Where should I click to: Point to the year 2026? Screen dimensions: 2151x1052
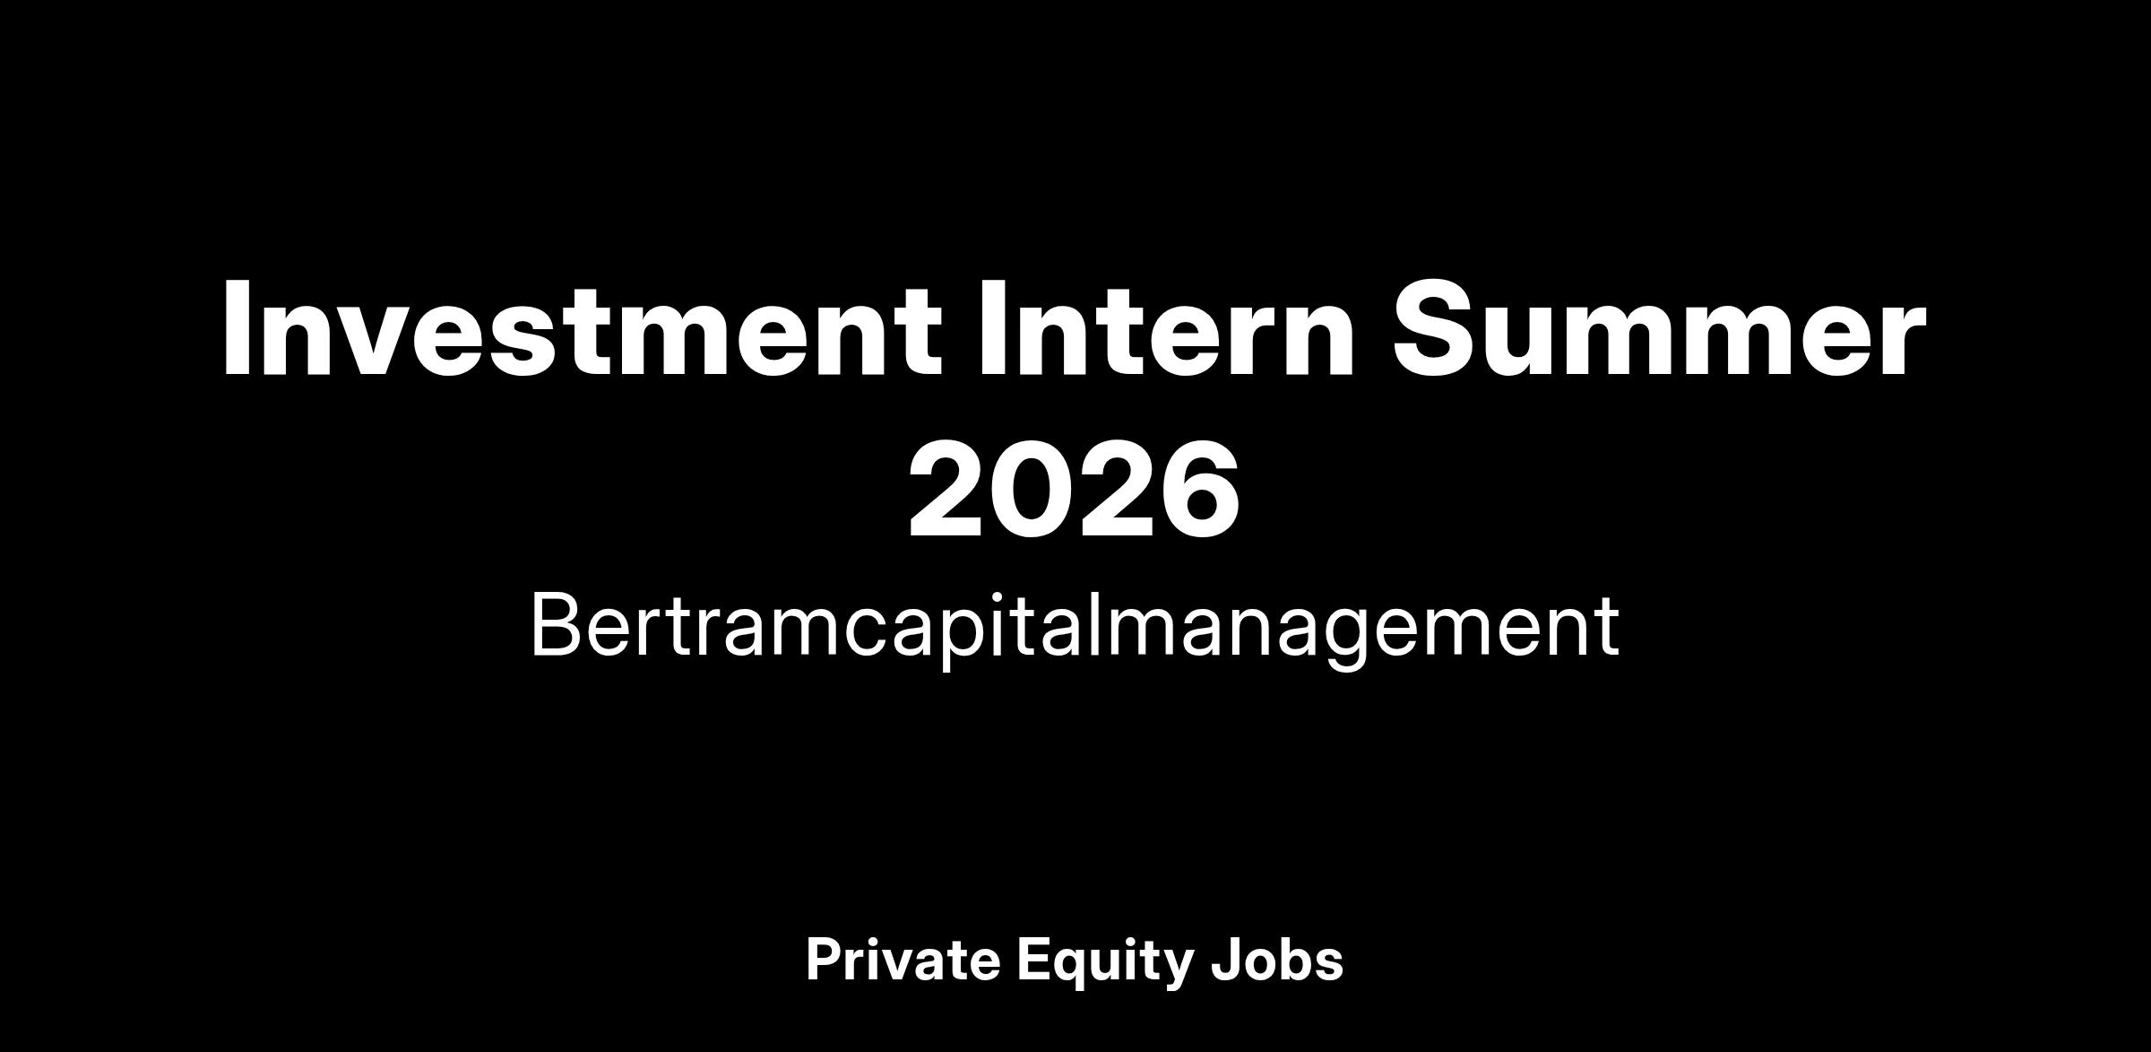[x=1075, y=491]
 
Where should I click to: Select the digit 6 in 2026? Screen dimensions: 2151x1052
[x=1199, y=491]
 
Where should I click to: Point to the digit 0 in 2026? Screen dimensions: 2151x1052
[x=1033, y=491]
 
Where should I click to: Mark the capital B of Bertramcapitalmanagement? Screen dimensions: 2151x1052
[x=558, y=624]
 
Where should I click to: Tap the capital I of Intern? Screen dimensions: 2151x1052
[x=991, y=328]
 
